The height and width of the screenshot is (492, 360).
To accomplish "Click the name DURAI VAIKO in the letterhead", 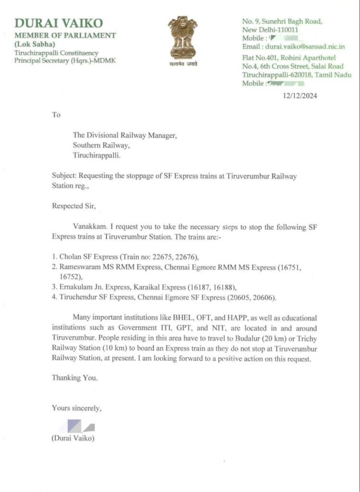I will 59,23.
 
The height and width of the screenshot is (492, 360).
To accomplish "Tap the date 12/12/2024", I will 300,96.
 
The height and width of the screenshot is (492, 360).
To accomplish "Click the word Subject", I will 63,176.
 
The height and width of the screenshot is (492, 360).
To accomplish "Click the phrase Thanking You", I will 74,378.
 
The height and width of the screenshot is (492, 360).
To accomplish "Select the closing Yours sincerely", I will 76,408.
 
